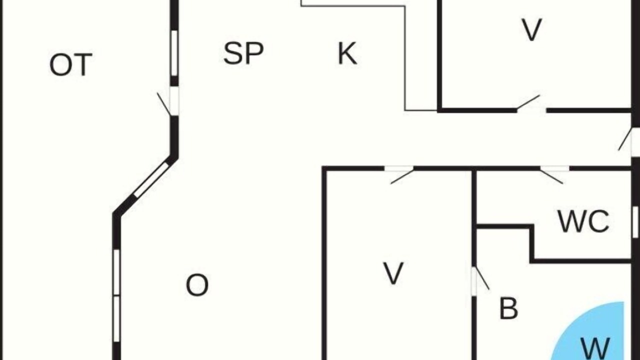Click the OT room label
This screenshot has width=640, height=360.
[71, 65]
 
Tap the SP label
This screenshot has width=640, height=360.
[243, 53]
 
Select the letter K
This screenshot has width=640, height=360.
[347, 53]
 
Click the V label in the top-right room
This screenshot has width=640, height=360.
[531, 30]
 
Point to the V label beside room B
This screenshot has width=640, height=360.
[393, 273]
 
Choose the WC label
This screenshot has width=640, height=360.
[583, 221]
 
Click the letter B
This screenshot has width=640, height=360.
[508, 308]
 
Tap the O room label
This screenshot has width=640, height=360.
[197, 285]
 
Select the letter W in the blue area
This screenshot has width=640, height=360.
[595, 348]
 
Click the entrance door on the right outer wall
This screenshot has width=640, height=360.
[628, 142]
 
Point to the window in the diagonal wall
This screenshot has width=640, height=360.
[151, 180]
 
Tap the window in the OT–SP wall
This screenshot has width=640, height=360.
[174, 53]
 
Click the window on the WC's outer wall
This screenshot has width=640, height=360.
[635, 222]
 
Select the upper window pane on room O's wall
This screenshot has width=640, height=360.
[116, 272]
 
